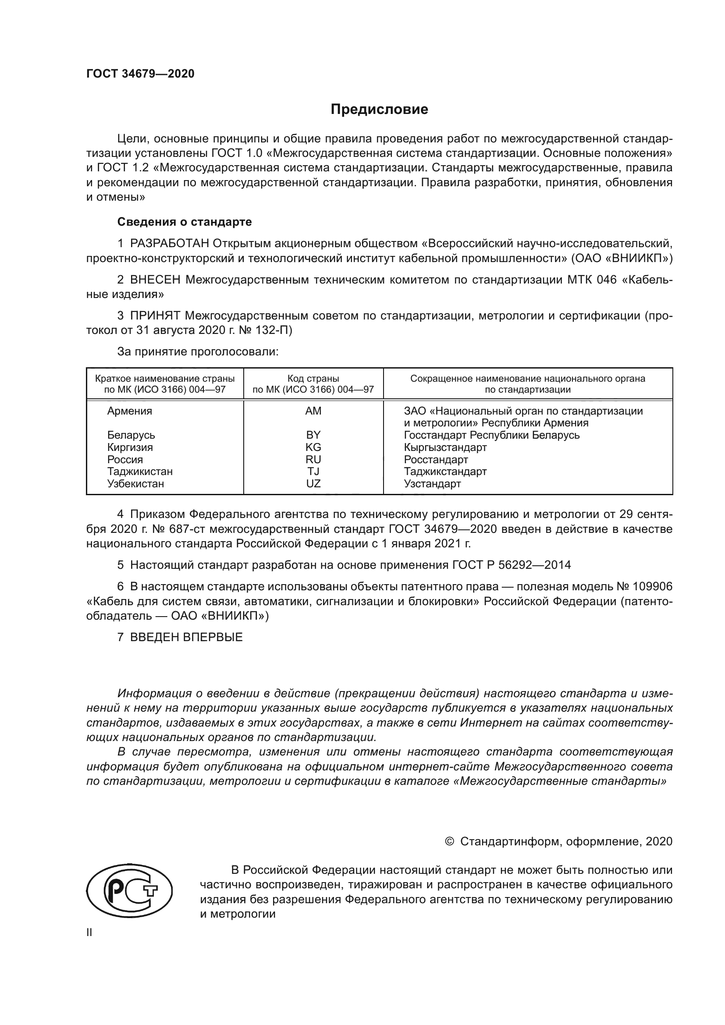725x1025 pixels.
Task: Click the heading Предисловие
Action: coord(379,110)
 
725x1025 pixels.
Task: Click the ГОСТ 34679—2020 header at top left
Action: coord(140,74)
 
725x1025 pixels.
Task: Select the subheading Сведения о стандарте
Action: coord(185,222)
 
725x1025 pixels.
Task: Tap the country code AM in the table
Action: coord(313,411)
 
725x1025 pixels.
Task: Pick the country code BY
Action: coord(313,435)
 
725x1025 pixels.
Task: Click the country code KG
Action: coord(313,447)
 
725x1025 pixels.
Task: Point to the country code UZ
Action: coord(313,484)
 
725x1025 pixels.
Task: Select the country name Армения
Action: coord(129,411)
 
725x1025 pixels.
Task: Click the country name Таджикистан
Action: coord(140,472)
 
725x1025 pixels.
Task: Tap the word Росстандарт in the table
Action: coord(436,460)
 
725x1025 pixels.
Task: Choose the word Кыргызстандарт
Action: coord(445,447)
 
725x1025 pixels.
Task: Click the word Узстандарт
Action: coord(432,484)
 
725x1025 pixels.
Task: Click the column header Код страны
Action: coord(313,379)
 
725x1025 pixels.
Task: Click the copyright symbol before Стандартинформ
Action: coord(450,841)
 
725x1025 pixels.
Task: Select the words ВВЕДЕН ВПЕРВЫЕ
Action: coord(186,637)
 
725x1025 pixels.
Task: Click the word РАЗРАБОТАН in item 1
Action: coord(170,244)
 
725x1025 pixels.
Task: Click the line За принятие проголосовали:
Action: coord(198,352)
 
